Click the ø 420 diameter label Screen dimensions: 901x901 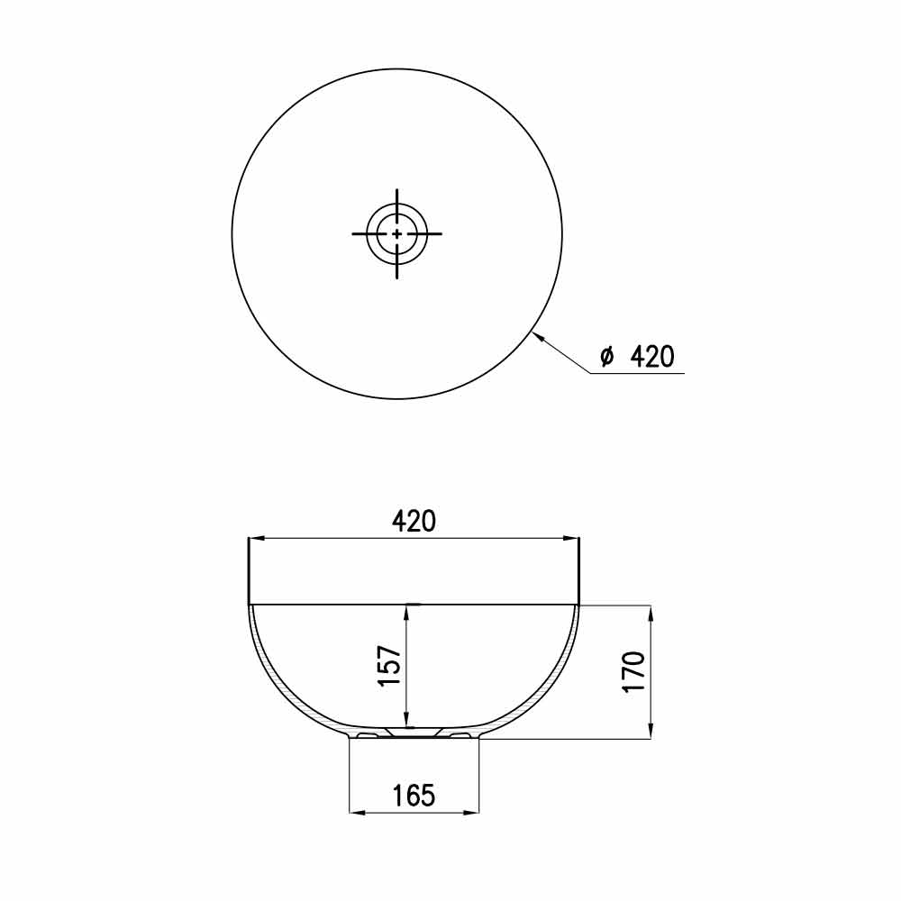pyautogui.click(x=637, y=356)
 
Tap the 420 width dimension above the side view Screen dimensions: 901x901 pyautogui.click(x=414, y=521)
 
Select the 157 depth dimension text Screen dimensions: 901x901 pyautogui.click(x=389, y=666)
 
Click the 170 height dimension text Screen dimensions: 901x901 pyautogui.click(x=633, y=672)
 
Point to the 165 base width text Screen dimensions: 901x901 pyautogui.click(x=414, y=796)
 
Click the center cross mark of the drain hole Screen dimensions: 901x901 pyautogui.click(x=397, y=234)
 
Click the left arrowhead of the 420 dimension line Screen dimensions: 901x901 pyautogui.click(x=256, y=539)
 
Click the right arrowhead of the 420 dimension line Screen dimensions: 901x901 pyautogui.click(x=571, y=539)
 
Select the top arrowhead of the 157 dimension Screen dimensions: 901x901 pyautogui.click(x=406, y=613)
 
